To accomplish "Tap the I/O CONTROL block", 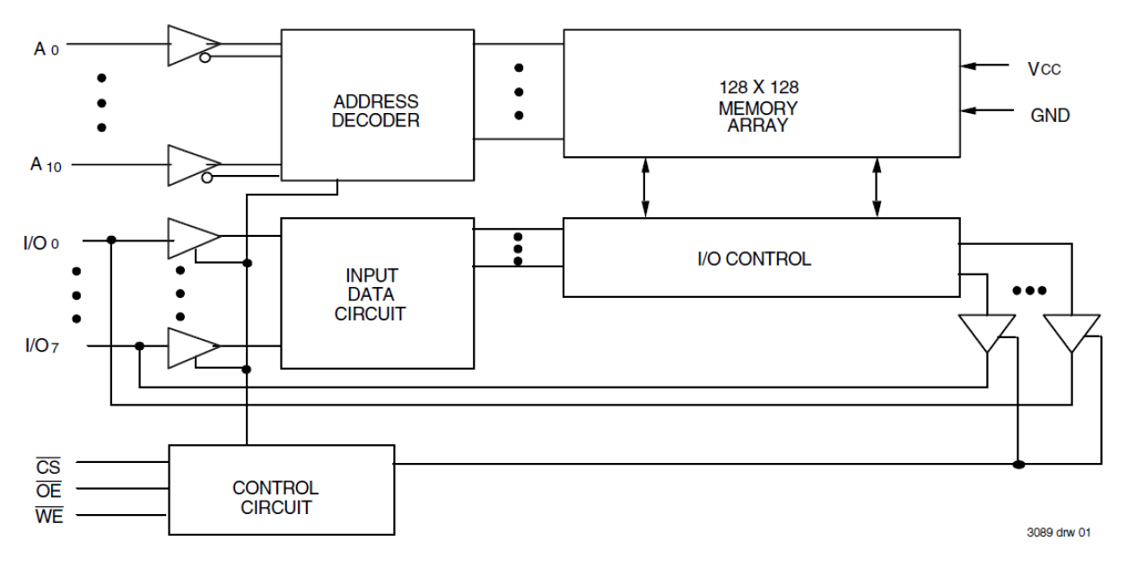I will tap(758, 258).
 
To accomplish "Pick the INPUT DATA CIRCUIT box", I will tap(377, 292).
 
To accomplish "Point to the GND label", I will tap(1049, 115).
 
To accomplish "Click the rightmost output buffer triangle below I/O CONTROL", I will tap(1071, 331).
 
